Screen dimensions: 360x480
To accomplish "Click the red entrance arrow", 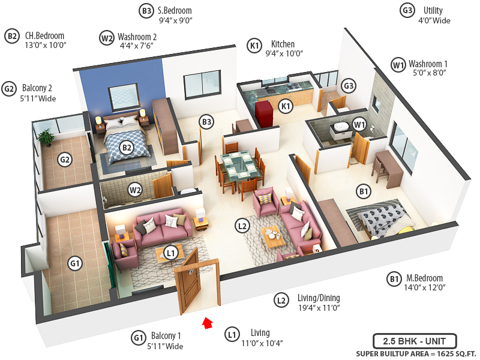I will click(x=207, y=323).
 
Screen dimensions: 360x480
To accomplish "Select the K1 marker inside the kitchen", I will click(x=286, y=106).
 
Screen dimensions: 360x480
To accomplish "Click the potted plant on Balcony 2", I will click(x=45, y=137).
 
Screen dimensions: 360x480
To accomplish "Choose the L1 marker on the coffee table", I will click(x=171, y=253).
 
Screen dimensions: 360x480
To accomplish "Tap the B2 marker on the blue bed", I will click(x=127, y=147).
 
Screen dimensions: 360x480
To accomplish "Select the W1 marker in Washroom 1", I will click(x=359, y=124).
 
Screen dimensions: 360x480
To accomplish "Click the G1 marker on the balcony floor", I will click(x=75, y=263).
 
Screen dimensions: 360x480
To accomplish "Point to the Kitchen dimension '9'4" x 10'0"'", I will click(x=284, y=54).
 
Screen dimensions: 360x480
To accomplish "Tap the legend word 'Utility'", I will click(x=433, y=10).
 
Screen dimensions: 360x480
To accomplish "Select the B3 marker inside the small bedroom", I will click(x=207, y=122).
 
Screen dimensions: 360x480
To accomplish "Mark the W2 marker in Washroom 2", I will click(x=136, y=191).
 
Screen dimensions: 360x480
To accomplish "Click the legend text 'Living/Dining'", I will click(x=319, y=298).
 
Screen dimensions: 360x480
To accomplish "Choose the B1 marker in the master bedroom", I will click(x=364, y=192).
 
